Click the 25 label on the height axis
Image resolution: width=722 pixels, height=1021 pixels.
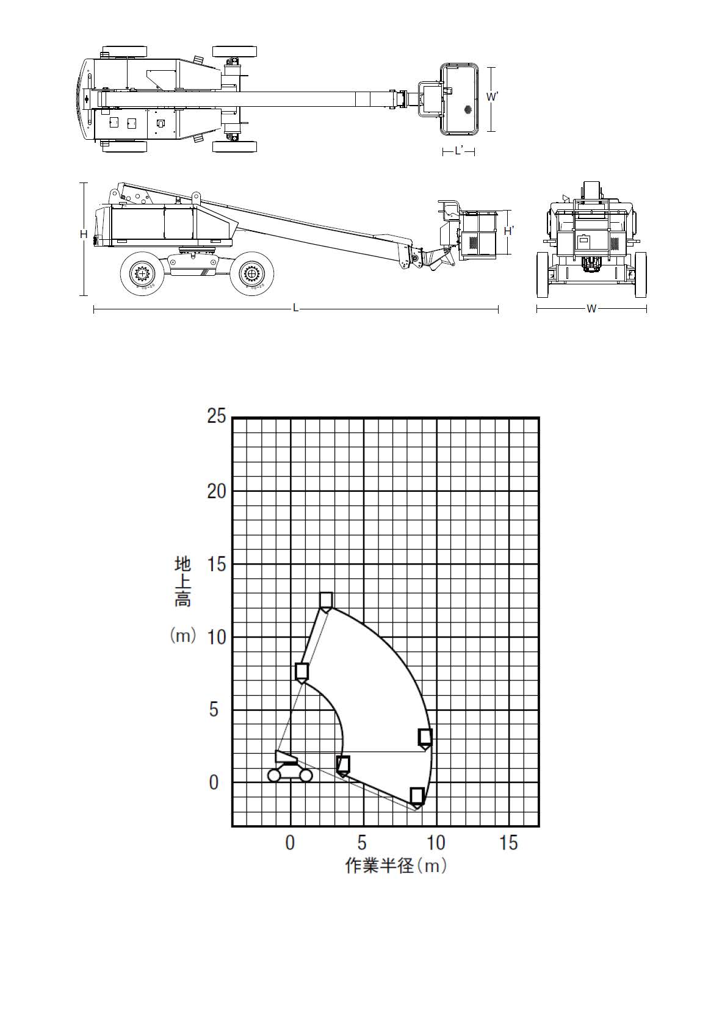click(x=217, y=416)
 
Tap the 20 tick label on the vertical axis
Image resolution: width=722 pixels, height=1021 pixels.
click(x=217, y=491)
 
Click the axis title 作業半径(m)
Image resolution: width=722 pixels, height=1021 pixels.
click(x=395, y=865)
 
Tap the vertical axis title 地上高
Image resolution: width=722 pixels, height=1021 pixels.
click(x=182, y=582)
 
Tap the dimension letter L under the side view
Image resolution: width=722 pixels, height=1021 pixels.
click(x=295, y=309)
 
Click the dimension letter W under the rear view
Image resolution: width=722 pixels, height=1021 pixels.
click(x=591, y=309)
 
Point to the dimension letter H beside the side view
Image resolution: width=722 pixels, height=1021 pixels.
click(x=84, y=234)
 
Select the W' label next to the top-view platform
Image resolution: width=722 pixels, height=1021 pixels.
click(x=493, y=96)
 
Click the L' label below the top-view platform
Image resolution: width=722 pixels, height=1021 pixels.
click(x=459, y=151)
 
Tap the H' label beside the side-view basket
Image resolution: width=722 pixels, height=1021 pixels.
click(x=509, y=231)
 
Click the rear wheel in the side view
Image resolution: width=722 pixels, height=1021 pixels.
click(x=142, y=274)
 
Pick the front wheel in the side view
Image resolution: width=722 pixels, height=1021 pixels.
click(x=252, y=273)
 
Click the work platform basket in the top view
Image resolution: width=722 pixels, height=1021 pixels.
click(x=459, y=99)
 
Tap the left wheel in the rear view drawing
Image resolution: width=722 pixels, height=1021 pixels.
click(x=543, y=275)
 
